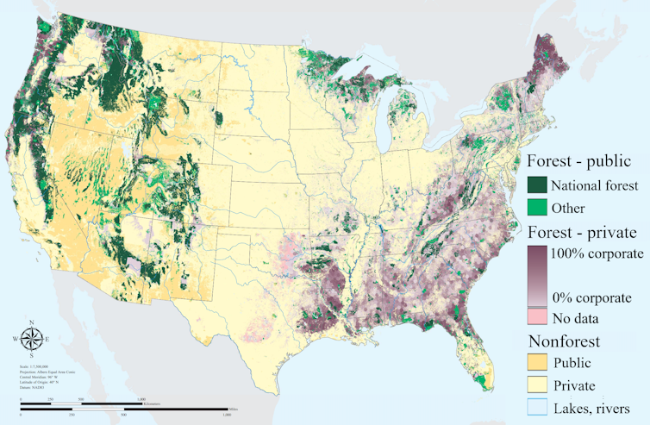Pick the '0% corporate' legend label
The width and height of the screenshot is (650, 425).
591,297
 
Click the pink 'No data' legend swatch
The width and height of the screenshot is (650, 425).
537,316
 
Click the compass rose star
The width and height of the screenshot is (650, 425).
32,338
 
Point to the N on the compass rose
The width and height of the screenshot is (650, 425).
32,322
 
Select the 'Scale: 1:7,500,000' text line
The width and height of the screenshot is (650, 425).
36,366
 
